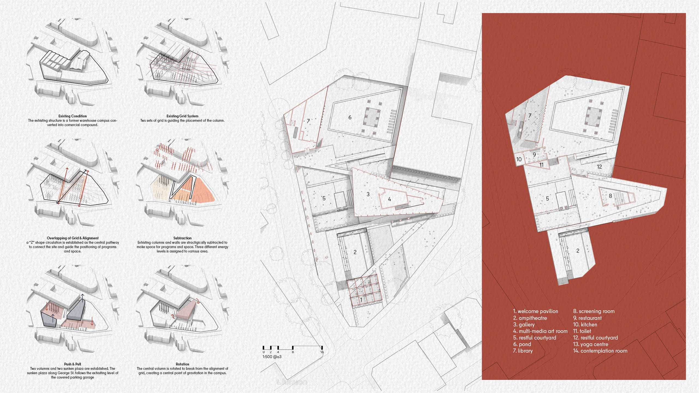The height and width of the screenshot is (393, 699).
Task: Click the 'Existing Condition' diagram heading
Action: (73, 116)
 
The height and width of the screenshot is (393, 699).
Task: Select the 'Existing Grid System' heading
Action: (182, 116)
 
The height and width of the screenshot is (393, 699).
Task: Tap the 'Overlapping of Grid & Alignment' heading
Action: (73, 238)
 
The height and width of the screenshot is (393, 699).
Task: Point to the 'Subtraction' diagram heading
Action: (182, 238)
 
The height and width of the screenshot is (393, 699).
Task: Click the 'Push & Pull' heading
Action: (73, 364)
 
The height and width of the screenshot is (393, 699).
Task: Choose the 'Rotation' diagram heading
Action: (182, 364)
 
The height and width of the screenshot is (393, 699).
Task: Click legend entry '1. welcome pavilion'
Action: (535, 311)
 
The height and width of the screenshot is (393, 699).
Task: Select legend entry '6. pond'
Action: (522, 344)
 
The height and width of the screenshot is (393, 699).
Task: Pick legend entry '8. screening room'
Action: (594, 311)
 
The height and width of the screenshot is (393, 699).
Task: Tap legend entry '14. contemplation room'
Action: (600, 351)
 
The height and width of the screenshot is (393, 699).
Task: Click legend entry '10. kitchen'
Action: (585, 324)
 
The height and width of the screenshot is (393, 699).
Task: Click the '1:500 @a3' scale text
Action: (272, 357)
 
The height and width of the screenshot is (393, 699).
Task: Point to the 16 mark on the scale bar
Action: (322, 352)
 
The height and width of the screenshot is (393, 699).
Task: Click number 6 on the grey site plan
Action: (350, 117)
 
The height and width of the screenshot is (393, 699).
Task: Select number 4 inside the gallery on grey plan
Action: (389, 200)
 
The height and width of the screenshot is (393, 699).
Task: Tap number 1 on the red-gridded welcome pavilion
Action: (361, 300)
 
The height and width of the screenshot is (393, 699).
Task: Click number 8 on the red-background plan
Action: (610, 196)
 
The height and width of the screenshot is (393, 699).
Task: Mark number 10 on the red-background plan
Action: (519, 159)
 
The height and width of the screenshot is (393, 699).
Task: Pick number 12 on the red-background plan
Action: (599, 167)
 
